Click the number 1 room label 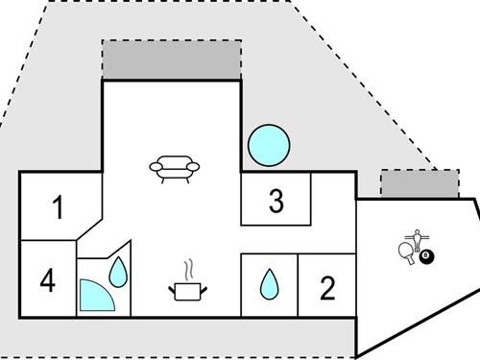58,207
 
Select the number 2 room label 327,288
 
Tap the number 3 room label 276,203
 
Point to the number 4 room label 48,282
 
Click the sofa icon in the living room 176,170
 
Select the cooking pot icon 187,289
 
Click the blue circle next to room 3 268,145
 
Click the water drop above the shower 117,273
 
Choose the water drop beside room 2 270,283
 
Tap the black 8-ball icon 426,256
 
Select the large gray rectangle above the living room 171,60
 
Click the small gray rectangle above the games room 420,183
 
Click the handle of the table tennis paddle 410,259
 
